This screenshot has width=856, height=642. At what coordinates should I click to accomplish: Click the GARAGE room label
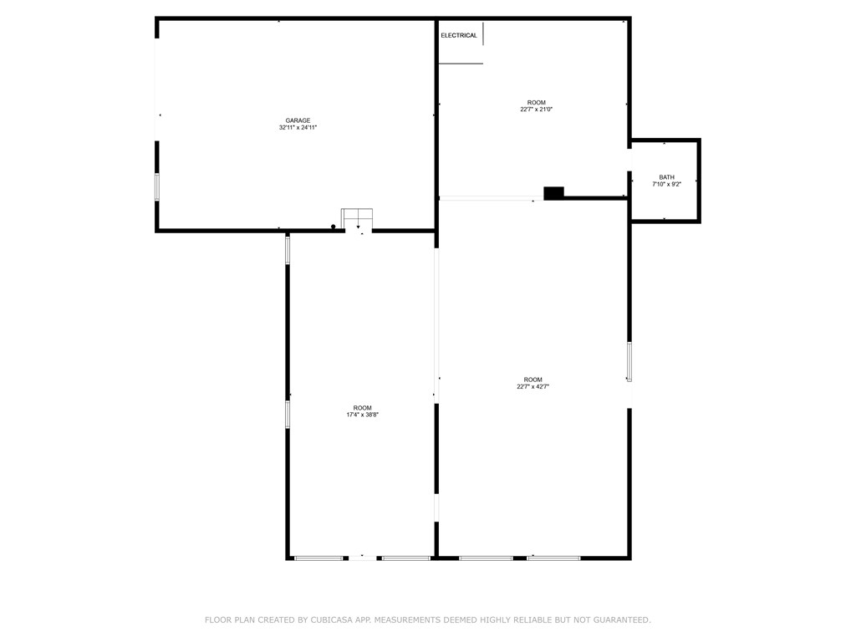(x=298, y=120)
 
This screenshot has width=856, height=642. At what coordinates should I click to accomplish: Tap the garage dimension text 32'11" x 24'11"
(x=298, y=128)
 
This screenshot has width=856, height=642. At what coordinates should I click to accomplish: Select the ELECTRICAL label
(x=459, y=35)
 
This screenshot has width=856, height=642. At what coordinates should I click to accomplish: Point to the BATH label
(x=666, y=177)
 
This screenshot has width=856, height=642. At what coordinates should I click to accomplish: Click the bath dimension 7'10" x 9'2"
(x=666, y=185)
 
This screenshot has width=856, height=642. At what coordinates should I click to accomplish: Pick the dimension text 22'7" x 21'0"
(x=536, y=110)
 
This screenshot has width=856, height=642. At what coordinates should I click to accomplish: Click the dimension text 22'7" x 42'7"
(x=533, y=387)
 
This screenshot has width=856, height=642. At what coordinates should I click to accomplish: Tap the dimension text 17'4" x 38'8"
(x=363, y=415)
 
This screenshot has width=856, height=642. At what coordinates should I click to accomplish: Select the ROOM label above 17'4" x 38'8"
(x=363, y=408)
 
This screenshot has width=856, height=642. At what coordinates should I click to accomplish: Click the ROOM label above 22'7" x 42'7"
(x=533, y=380)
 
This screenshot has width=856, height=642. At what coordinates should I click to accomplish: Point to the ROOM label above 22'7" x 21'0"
(x=536, y=103)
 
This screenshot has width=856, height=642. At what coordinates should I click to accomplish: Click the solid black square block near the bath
(x=553, y=193)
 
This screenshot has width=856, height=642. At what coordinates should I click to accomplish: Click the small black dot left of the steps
(x=334, y=227)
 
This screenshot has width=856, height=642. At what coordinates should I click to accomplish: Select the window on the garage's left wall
(x=156, y=186)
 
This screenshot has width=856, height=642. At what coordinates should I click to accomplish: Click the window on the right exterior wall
(x=629, y=362)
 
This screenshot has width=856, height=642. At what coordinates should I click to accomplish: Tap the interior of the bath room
(x=665, y=201)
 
